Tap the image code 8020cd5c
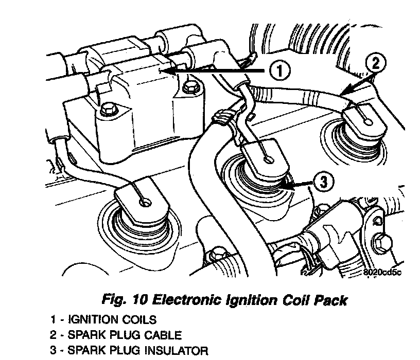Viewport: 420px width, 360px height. coord(382,273)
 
